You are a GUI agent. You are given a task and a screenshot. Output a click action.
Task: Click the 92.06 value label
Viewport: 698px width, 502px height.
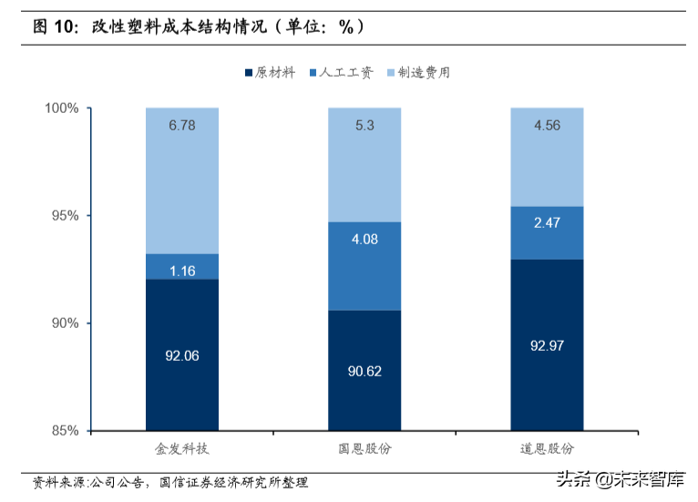coord(182,356)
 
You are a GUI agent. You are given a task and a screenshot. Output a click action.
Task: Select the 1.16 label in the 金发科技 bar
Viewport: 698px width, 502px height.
coord(182,271)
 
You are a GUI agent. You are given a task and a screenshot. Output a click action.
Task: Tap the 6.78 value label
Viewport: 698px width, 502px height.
coord(182,126)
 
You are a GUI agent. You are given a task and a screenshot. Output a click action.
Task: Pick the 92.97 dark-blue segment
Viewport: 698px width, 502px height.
coord(547,345)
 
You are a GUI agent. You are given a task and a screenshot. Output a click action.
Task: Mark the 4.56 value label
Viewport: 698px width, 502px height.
coord(547,126)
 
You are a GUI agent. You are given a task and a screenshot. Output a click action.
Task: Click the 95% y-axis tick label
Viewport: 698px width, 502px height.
coord(67,216)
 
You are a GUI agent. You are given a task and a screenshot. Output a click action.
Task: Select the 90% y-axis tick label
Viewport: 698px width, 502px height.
coord(67,323)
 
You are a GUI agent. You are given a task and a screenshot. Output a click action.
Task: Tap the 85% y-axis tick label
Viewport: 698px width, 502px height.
coord(67,431)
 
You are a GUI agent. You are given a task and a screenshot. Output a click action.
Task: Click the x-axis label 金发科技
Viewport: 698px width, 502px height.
coord(182,449)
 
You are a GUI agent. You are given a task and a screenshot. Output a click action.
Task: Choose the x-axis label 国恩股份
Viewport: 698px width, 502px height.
coord(364,449)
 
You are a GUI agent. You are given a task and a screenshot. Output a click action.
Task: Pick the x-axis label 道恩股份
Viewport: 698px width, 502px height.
coord(547,449)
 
